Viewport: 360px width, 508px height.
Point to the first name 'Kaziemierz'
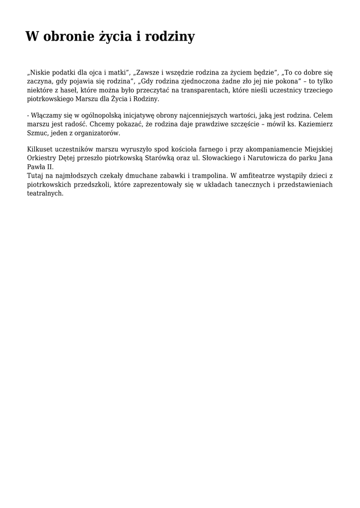[315, 125]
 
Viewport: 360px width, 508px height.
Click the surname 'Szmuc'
[37, 133]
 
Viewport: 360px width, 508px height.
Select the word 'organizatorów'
[96, 133]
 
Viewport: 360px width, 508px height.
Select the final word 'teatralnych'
[45, 193]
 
